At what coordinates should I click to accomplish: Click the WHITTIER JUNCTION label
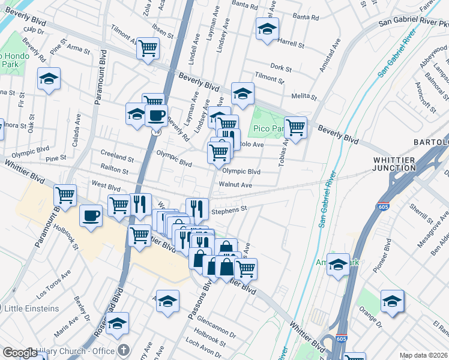point(394,164)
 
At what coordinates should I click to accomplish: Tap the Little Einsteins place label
point(32,308)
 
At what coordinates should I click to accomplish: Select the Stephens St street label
point(229,209)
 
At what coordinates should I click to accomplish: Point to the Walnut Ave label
point(235,185)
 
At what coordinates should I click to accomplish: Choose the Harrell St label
point(291,44)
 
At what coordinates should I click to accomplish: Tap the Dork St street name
point(281,67)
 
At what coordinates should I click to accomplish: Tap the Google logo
point(20,353)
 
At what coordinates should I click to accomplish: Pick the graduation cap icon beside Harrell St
point(267,28)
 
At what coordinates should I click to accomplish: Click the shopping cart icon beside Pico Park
point(295,127)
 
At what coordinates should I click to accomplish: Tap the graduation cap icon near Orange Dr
point(392,301)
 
